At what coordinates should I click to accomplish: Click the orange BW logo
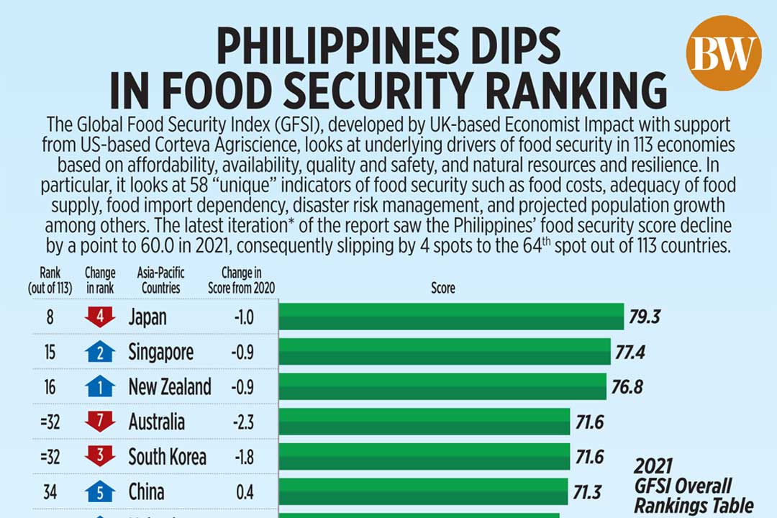click(723, 53)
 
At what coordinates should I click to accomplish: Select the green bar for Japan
click(450, 317)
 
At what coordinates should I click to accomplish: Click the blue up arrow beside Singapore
click(100, 352)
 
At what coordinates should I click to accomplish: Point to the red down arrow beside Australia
click(100, 422)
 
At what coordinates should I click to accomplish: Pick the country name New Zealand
click(170, 387)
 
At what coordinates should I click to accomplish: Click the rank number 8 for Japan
click(50, 317)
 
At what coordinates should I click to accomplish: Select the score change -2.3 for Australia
click(242, 422)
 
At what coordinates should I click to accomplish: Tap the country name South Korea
click(167, 457)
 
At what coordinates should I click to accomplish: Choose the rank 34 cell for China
click(50, 492)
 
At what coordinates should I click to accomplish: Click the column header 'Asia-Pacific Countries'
click(159, 280)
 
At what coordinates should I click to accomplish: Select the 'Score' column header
click(442, 288)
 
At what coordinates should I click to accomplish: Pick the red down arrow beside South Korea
click(100, 457)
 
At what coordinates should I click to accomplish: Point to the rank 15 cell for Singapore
click(50, 352)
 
